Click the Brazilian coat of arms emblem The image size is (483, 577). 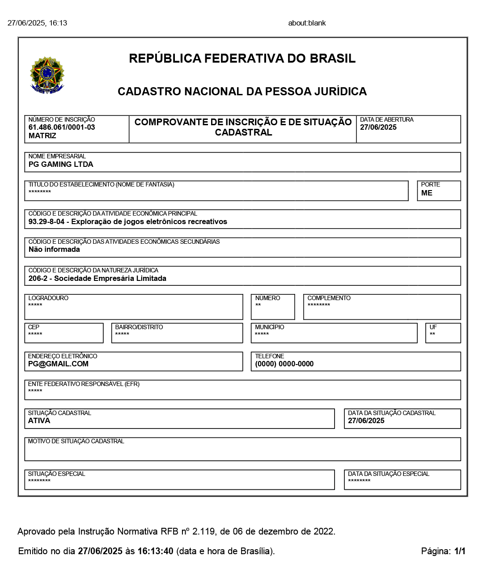point(47,75)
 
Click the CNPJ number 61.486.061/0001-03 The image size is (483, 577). point(62,127)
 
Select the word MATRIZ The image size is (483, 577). point(42,136)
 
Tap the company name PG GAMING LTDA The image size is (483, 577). point(61,164)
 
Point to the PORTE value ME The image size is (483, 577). point(427,193)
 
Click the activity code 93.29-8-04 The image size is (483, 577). point(47,222)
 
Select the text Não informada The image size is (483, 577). point(54,250)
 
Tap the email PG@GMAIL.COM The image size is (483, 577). point(58,364)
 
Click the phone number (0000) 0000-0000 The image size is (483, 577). point(284,364)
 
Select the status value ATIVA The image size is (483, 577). point(39,420)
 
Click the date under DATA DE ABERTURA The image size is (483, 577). point(378,127)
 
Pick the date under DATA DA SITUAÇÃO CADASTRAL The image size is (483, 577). point(366,420)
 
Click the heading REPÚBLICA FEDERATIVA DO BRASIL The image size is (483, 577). point(242,59)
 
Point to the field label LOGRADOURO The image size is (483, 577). point(48,298)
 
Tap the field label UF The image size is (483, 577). point(433,327)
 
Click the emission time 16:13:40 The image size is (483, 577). point(155,551)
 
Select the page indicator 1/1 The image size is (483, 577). point(460,551)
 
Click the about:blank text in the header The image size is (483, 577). point(307,23)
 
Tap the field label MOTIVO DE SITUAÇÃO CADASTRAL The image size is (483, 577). point(76,441)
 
